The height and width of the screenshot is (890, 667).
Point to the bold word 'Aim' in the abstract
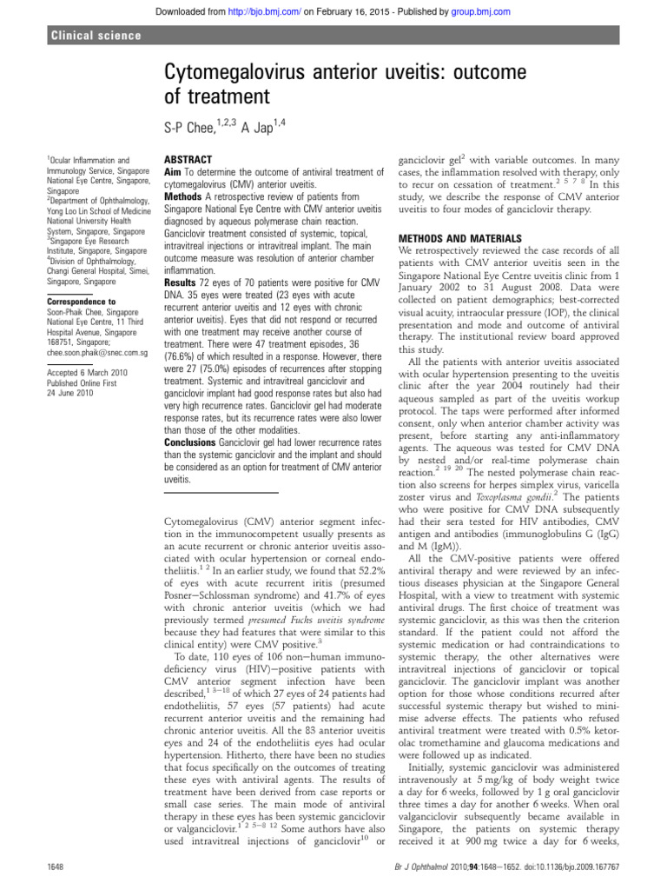tap(175, 174)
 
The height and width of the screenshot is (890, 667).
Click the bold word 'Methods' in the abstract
tap(185, 197)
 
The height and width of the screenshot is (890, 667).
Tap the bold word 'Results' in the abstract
tap(182, 282)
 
